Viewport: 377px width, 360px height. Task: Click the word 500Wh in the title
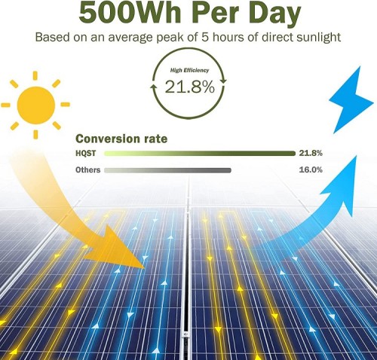(130, 12)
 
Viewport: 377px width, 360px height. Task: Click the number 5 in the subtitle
(205, 38)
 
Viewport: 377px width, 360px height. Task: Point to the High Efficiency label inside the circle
(189, 70)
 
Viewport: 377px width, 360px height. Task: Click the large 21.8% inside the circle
(190, 87)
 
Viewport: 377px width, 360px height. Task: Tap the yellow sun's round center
(36, 105)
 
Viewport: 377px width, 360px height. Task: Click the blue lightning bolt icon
(351, 100)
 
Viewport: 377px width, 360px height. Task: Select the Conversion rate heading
(121, 139)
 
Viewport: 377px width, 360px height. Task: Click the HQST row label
(86, 154)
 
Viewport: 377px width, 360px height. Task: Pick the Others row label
(88, 170)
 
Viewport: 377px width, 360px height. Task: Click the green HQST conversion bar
(200, 154)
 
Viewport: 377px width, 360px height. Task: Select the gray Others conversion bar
(167, 170)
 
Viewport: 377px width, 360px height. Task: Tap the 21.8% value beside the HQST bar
(311, 153)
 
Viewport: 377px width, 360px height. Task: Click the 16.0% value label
(311, 170)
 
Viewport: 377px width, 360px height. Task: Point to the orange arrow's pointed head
(145, 268)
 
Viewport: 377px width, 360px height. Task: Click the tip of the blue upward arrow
(356, 156)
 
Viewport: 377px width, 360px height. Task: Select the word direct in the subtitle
(277, 38)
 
